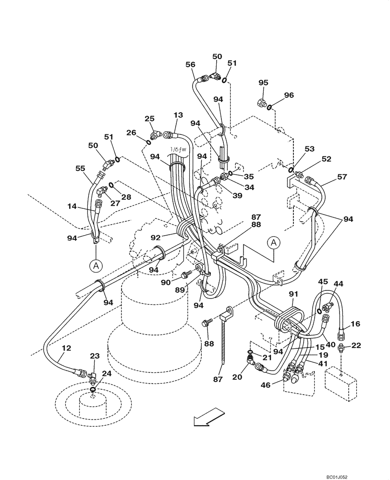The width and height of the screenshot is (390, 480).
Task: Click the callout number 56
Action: [191, 64]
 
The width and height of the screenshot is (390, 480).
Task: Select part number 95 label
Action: [263, 83]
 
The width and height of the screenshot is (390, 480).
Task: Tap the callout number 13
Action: [178, 115]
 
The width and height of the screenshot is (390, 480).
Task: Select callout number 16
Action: [355, 325]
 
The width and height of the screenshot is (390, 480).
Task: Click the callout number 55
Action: [80, 169]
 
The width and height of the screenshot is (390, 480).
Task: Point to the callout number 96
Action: [288, 95]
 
